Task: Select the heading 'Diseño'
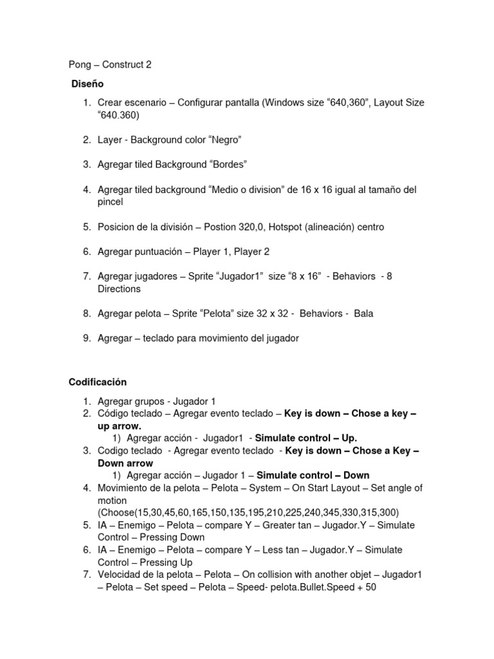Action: (x=87, y=84)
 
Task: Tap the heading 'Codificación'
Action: (x=98, y=382)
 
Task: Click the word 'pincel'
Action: (x=110, y=201)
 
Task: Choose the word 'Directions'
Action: (x=119, y=289)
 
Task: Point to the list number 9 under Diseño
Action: (x=86, y=338)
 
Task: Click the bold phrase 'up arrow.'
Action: (x=119, y=426)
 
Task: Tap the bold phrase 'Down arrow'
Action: (x=125, y=463)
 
